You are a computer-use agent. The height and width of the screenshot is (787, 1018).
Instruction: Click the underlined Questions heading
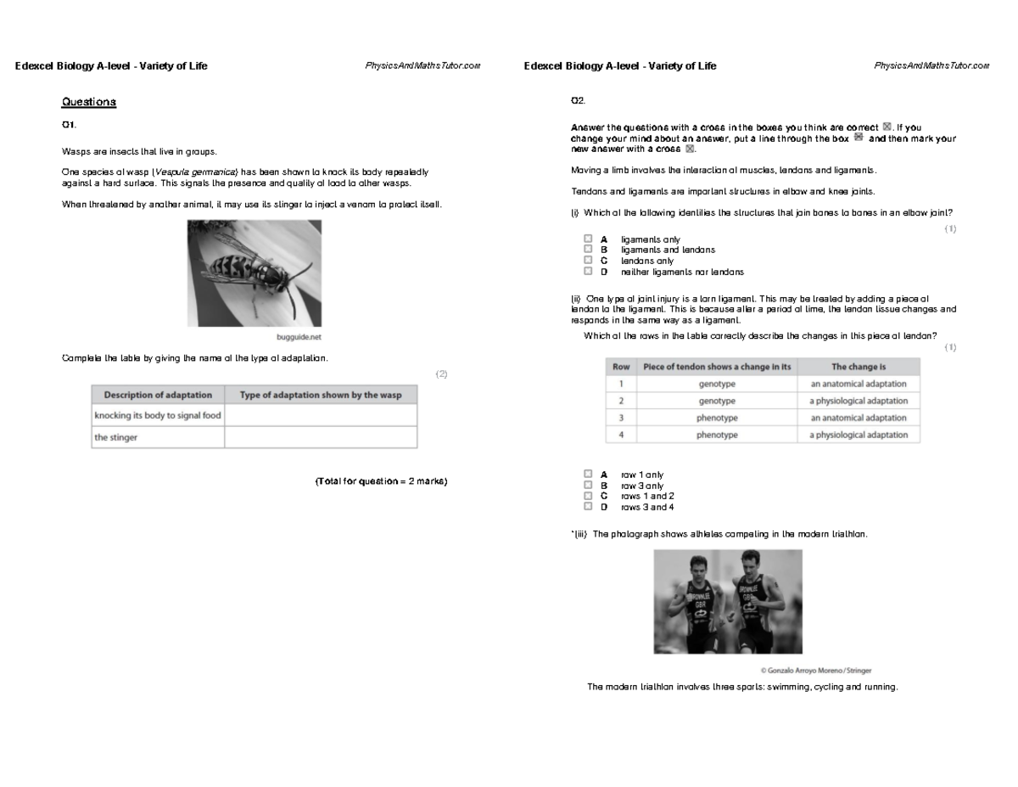coord(88,102)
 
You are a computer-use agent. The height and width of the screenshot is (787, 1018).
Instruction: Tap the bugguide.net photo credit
coord(299,335)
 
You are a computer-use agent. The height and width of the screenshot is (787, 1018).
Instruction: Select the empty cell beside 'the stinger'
coord(321,437)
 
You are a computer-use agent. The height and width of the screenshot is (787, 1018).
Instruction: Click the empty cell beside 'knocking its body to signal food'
coord(321,415)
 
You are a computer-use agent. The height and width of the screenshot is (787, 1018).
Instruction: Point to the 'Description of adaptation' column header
coord(158,395)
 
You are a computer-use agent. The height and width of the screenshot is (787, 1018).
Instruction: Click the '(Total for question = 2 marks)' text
coord(381,481)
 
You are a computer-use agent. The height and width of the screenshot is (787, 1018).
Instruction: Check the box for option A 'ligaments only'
coord(588,239)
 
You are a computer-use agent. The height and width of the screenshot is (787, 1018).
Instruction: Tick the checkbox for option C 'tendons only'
coord(588,261)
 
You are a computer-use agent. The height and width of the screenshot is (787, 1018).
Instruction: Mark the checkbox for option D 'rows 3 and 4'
coord(588,507)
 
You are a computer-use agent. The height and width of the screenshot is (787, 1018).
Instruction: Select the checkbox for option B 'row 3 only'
coord(588,486)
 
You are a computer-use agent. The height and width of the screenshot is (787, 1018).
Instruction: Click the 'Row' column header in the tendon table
coord(621,367)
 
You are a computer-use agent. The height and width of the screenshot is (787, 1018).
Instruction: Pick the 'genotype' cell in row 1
coord(717,384)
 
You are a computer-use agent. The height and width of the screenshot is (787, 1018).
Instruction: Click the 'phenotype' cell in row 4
coord(717,435)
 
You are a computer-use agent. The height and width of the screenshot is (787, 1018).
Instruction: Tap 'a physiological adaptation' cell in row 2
coord(858,401)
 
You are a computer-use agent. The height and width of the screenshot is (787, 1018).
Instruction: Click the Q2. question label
coord(578,101)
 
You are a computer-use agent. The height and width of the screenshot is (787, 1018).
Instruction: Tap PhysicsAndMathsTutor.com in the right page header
coord(931,66)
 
